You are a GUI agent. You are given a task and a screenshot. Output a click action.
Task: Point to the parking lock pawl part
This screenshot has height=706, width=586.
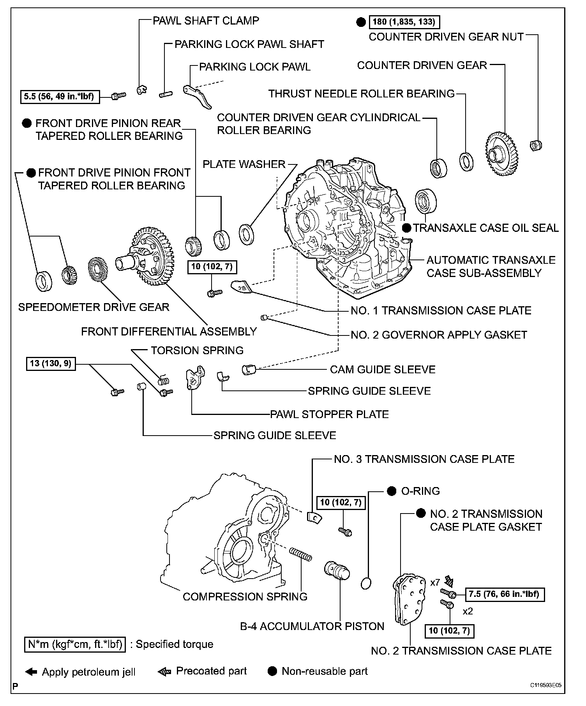coord(198,97)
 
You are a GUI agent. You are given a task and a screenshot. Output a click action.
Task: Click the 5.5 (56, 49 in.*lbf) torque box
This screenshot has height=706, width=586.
coord(59,96)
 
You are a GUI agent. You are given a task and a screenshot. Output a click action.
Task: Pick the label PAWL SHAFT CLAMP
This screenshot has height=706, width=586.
coord(206,21)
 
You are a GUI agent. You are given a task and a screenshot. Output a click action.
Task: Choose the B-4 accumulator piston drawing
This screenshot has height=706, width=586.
coord(337,571)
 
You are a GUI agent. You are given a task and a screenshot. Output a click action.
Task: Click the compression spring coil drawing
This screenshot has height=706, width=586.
coord(301,554)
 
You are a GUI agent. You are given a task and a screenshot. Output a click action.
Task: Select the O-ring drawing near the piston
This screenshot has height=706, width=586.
coord(366,583)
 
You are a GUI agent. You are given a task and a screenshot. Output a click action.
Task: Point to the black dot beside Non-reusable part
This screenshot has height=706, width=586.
coord(273,671)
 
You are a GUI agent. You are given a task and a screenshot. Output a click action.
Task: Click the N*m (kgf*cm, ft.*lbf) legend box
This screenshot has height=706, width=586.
coord(75,644)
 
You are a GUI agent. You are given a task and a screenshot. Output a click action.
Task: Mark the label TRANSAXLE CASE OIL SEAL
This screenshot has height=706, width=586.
coord(486,228)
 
